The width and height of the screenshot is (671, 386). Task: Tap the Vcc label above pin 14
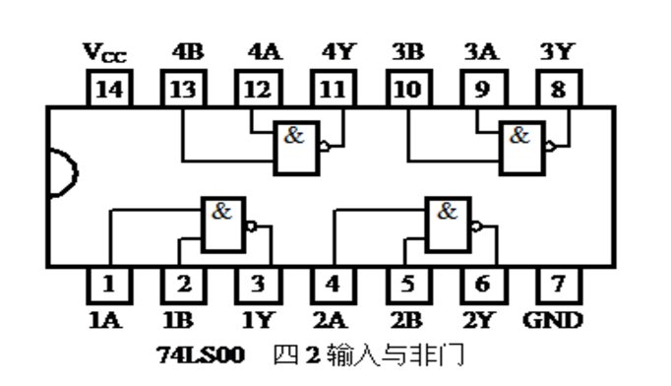tap(105, 54)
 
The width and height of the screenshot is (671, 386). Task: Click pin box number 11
tap(333, 91)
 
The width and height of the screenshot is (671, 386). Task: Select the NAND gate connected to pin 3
tap(221, 224)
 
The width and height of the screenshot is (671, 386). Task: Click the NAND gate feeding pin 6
tap(448, 224)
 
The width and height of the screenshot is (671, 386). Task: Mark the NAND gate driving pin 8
tap(524, 147)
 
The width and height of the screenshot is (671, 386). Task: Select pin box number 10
tap(408, 91)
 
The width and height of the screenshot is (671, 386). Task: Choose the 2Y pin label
tap(482, 320)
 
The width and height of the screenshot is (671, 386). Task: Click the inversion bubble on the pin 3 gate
tap(251, 225)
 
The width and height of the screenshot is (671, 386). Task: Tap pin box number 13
tap(182, 91)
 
